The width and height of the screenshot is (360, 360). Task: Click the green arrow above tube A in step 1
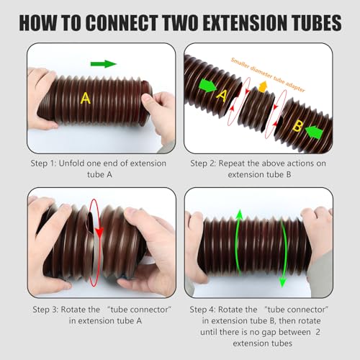[104, 64]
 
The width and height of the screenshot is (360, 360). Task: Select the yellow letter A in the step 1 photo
[86, 98]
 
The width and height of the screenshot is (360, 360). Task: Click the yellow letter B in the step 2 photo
[297, 126]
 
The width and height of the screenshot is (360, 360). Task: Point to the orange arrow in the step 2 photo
[263, 86]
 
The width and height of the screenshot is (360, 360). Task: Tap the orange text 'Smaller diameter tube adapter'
[268, 75]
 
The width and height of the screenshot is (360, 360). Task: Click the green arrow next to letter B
[314, 132]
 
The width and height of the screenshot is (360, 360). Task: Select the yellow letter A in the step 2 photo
[222, 96]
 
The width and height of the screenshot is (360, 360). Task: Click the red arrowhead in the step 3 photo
[99, 233]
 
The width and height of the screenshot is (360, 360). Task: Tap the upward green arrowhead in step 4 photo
[239, 215]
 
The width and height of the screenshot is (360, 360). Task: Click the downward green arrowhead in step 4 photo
[283, 282]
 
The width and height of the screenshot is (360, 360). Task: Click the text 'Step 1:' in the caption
[43, 163]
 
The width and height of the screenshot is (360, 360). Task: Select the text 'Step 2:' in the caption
[203, 163]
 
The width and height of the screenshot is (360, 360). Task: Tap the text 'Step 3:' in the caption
[45, 310]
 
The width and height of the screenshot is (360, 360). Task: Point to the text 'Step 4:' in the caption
[202, 310]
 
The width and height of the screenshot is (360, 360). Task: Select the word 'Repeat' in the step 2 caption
[232, 163]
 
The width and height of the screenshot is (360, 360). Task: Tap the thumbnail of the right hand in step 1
[147, 99]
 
